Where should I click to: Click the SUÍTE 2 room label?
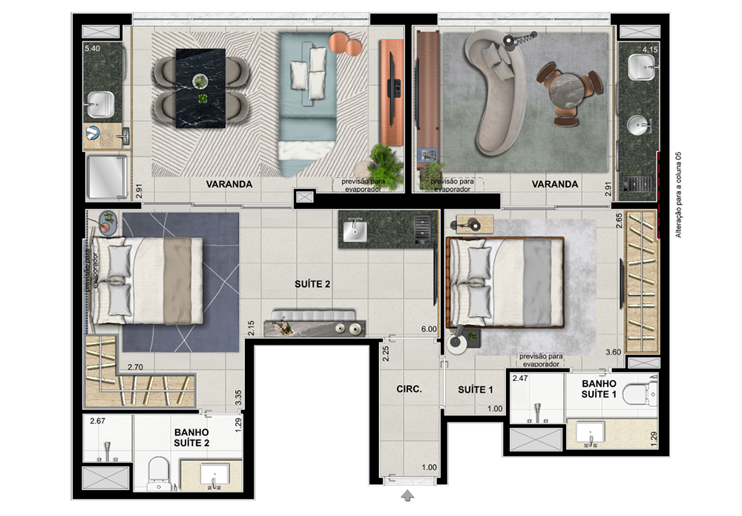click(x=312, y=284)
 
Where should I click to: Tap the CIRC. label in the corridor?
click(x=409, y=388)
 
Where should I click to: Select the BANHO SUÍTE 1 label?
click(x=599, y=388)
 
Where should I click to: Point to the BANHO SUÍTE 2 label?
click(x=191, y=437)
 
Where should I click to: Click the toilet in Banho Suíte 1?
click(x=639, y=394)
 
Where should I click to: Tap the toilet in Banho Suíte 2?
click(x=159, y=474)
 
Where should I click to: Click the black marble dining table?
click(x=200, y=88)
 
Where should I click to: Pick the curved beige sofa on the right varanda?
click(x=495, y=90)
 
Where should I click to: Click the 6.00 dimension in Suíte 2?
click(x=429, y=329)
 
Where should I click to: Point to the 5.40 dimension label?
click(x=92, y=48)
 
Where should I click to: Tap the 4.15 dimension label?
click(x=650, y=49)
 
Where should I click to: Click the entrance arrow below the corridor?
click(x=407, y=496)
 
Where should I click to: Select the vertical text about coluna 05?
click(x=678, y=194)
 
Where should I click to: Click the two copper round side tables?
click(x=346, y=44)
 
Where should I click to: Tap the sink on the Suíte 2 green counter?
click(x=355, y=231)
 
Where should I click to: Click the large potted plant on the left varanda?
click(x=386, y=165)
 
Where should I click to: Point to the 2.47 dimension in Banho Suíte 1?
click(x=520, y=378)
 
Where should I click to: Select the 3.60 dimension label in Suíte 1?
click(x=614, y=352)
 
